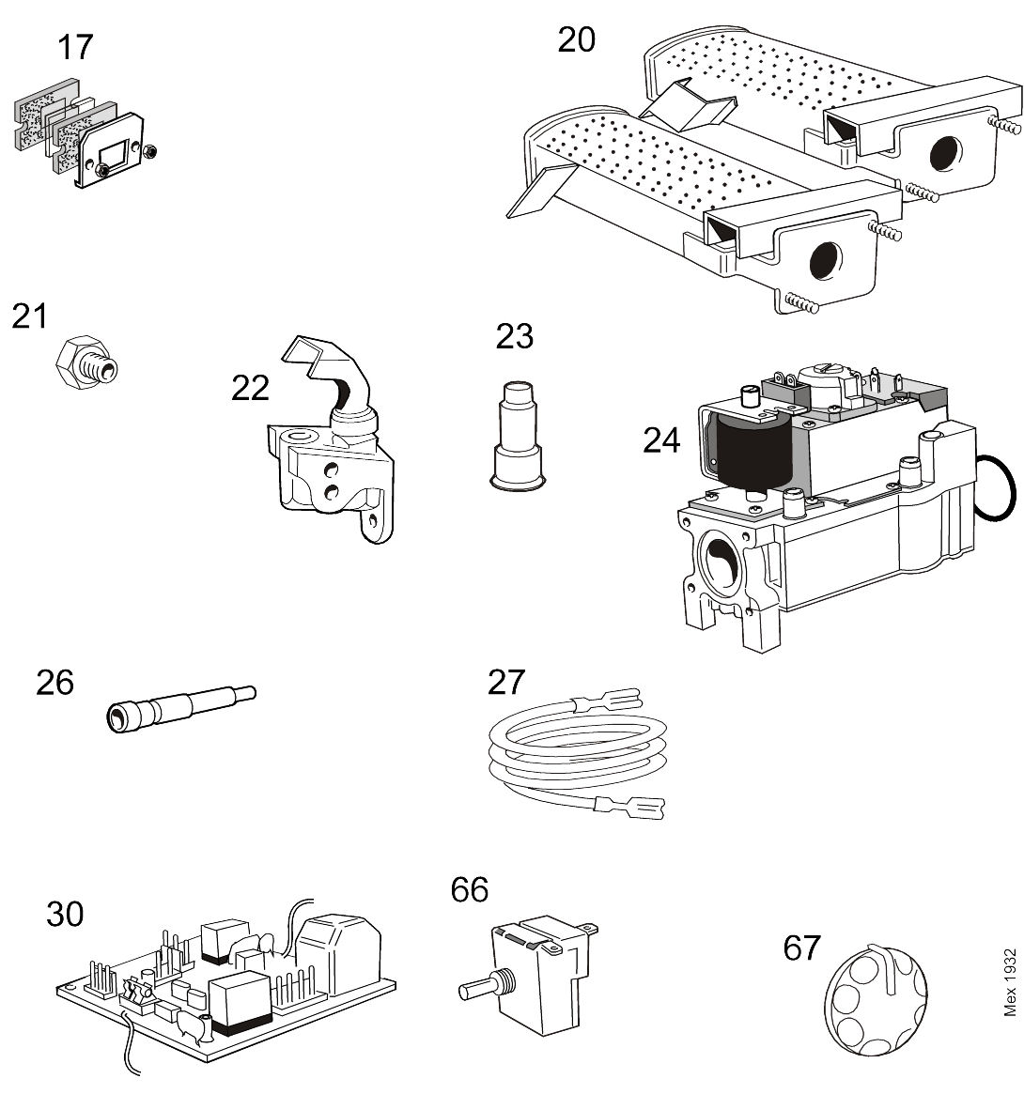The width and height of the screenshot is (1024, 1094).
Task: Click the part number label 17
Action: tap(75, 46)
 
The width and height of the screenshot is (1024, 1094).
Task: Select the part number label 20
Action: tap(576, 39)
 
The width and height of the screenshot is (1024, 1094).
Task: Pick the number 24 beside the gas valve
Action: tap(661, 439)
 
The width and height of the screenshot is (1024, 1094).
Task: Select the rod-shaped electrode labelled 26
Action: tap(178, 705)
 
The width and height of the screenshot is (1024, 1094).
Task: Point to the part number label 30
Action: tap(65, 913)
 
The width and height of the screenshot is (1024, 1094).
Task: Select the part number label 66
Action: tap(469, 888)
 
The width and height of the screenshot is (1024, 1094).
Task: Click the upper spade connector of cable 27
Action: tap(615, 700)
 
